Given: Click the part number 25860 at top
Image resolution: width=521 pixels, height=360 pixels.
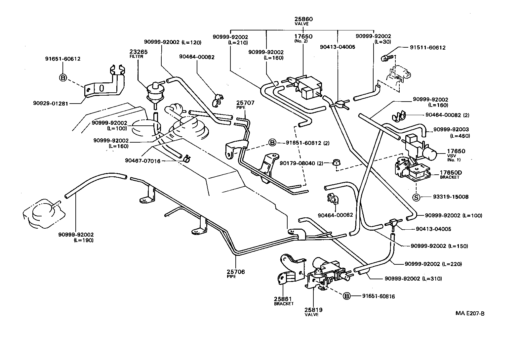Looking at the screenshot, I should (303, 19).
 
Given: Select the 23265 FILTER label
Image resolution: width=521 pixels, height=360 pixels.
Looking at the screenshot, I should (138, 54).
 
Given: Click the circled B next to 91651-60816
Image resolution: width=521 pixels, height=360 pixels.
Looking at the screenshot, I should (346, 296).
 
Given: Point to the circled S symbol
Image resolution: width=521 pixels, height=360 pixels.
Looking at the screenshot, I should (416, 197).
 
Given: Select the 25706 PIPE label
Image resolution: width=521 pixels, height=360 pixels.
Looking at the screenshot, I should (236, 273).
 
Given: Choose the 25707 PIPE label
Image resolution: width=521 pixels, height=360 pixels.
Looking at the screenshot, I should (245, 105).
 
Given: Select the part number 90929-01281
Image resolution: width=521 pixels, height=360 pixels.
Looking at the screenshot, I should (51, 103).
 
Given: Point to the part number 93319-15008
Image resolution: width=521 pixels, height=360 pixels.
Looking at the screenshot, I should (451, 197).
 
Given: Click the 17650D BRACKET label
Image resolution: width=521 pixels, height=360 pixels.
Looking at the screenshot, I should (450, 174).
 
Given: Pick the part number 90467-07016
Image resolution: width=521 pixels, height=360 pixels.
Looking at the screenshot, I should (142, 161).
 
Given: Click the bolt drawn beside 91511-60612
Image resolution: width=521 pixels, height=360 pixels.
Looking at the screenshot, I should (386, 58).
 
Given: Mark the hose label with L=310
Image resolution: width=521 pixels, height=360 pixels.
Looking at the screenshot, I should (413, 279).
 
